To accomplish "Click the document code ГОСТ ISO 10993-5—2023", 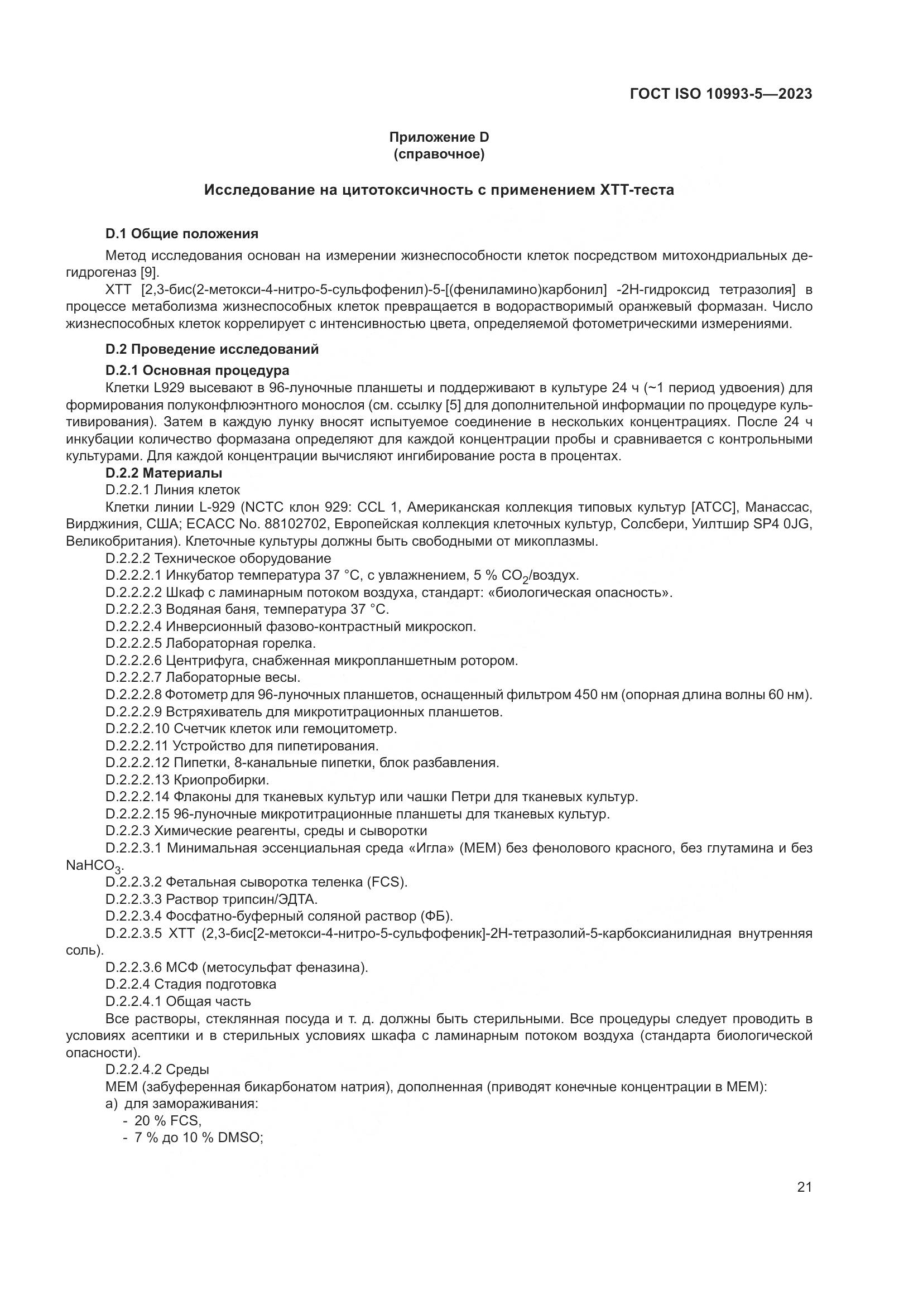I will [x=720, y=94].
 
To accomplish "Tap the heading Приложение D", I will [x=439, y=137].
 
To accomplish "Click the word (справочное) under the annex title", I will [x=439, y=154].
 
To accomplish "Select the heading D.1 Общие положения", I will [x=182, y=234].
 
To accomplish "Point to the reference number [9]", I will [x=150, y=272].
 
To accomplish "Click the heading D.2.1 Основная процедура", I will [x=197, y=370].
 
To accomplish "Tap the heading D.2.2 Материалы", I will [x=164, y=473].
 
